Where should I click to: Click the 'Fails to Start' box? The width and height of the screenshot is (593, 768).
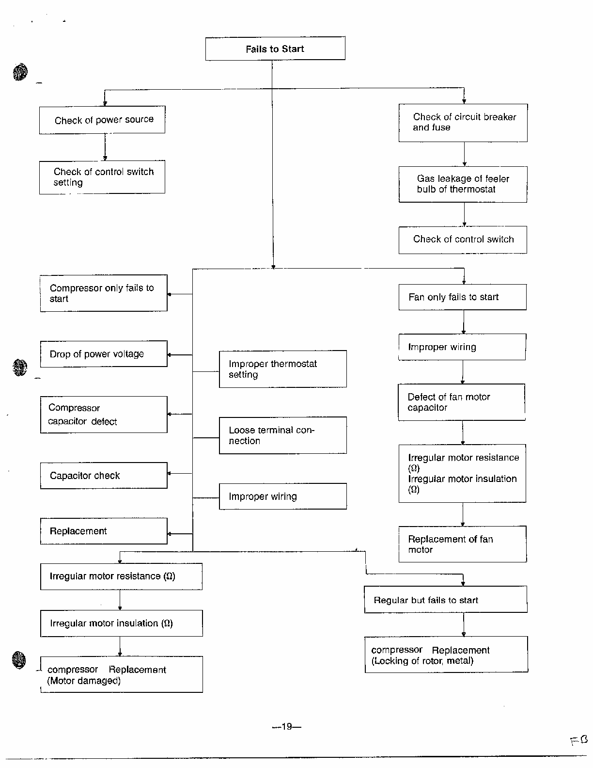click(275, 48)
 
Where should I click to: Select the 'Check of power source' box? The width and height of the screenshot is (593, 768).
click(102, 120)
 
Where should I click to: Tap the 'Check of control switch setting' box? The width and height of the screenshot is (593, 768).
click(102, 177)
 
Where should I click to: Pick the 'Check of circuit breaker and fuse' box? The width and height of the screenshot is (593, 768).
click(463, 123)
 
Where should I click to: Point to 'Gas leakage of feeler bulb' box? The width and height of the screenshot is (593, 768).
click(463, 184)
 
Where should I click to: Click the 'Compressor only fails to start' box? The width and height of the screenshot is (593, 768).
click(104, 293)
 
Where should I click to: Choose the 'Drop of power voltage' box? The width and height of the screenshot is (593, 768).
click(104, 354)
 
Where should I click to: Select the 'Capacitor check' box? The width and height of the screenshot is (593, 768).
click(104, 475)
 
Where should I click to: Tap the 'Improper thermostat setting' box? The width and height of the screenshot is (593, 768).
click(282, 369)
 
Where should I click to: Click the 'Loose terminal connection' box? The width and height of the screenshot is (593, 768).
click(282, 435)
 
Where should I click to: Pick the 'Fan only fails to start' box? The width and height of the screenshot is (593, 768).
click(462, 297)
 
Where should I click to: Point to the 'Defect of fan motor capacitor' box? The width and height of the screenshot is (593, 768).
click(462, 402)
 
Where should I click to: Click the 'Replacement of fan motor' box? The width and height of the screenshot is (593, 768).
click(463, 544)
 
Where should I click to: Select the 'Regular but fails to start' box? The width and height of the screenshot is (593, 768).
click(446, 599)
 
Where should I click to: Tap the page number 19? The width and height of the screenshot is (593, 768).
click(287, 726)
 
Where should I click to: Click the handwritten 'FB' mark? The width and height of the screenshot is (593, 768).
click(579, 740)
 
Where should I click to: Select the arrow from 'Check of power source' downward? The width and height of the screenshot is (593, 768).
click(105, 147)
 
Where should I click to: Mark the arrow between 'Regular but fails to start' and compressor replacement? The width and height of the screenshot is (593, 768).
click(464, 625)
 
